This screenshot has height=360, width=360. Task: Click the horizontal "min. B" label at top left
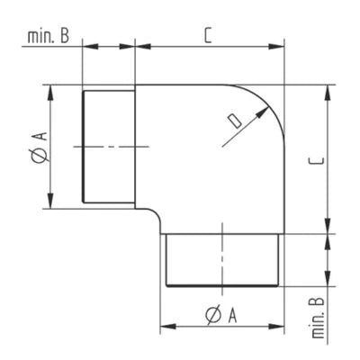[x=50, y=37]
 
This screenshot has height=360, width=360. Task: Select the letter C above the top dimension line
[x=208, y=36]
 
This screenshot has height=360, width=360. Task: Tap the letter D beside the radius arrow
[x=235, y=120]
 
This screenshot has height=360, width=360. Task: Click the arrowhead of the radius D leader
[x=267, y=107]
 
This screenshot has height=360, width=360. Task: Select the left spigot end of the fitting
[x=108, y=147]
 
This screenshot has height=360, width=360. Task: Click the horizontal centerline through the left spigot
[x=108, y=147]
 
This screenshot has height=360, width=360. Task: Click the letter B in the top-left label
[x=66, y=37]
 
